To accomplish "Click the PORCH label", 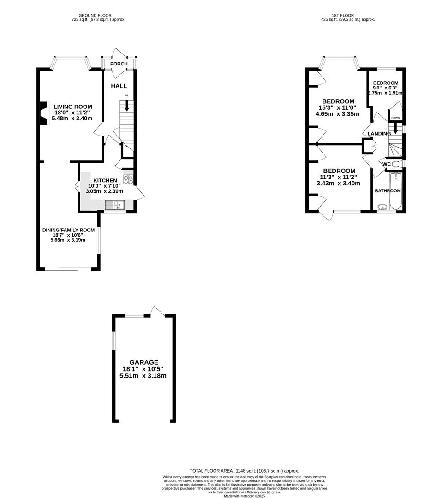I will (x=119, y=64).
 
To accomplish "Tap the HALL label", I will (x=119, y=86).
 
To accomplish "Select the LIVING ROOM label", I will (x=72, y=107).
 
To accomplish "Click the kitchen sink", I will (x=115, y=205).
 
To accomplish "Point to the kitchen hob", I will (x=128, y=178).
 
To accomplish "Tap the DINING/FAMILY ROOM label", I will (x=68, y=230).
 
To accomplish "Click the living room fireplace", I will (x=43, y=113).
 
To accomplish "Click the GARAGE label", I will (x=143, y=362).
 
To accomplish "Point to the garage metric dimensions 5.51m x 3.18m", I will (x=143, y=376).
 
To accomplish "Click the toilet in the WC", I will (x=396, y=164).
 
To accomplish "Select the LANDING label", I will (x=379, y=134).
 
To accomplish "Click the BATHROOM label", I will (x=388, y=190).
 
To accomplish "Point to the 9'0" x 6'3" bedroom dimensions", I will (x=386, y=88).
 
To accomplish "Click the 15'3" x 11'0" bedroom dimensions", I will (x=338, y=108).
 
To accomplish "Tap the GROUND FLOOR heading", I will (x=98, y=15).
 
